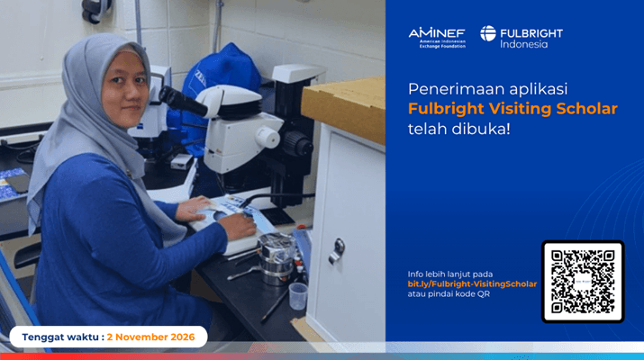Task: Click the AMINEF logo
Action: click(437, 38)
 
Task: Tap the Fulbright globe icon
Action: click(488, 33)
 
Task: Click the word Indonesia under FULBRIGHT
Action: click(523, 44)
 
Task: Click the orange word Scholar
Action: click(587, 109)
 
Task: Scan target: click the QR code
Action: click(583, 282)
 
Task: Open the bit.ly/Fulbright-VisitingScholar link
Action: click(472, 284)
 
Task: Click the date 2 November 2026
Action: click(150, 337)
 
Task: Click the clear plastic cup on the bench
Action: click(298, 296)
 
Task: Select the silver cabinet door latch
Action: click(337, 251)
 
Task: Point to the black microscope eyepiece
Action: click(183, 101)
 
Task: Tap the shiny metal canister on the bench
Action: click(277, 258)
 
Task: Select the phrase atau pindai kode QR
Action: click(449, 294)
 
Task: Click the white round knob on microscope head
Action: click(268, 137)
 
